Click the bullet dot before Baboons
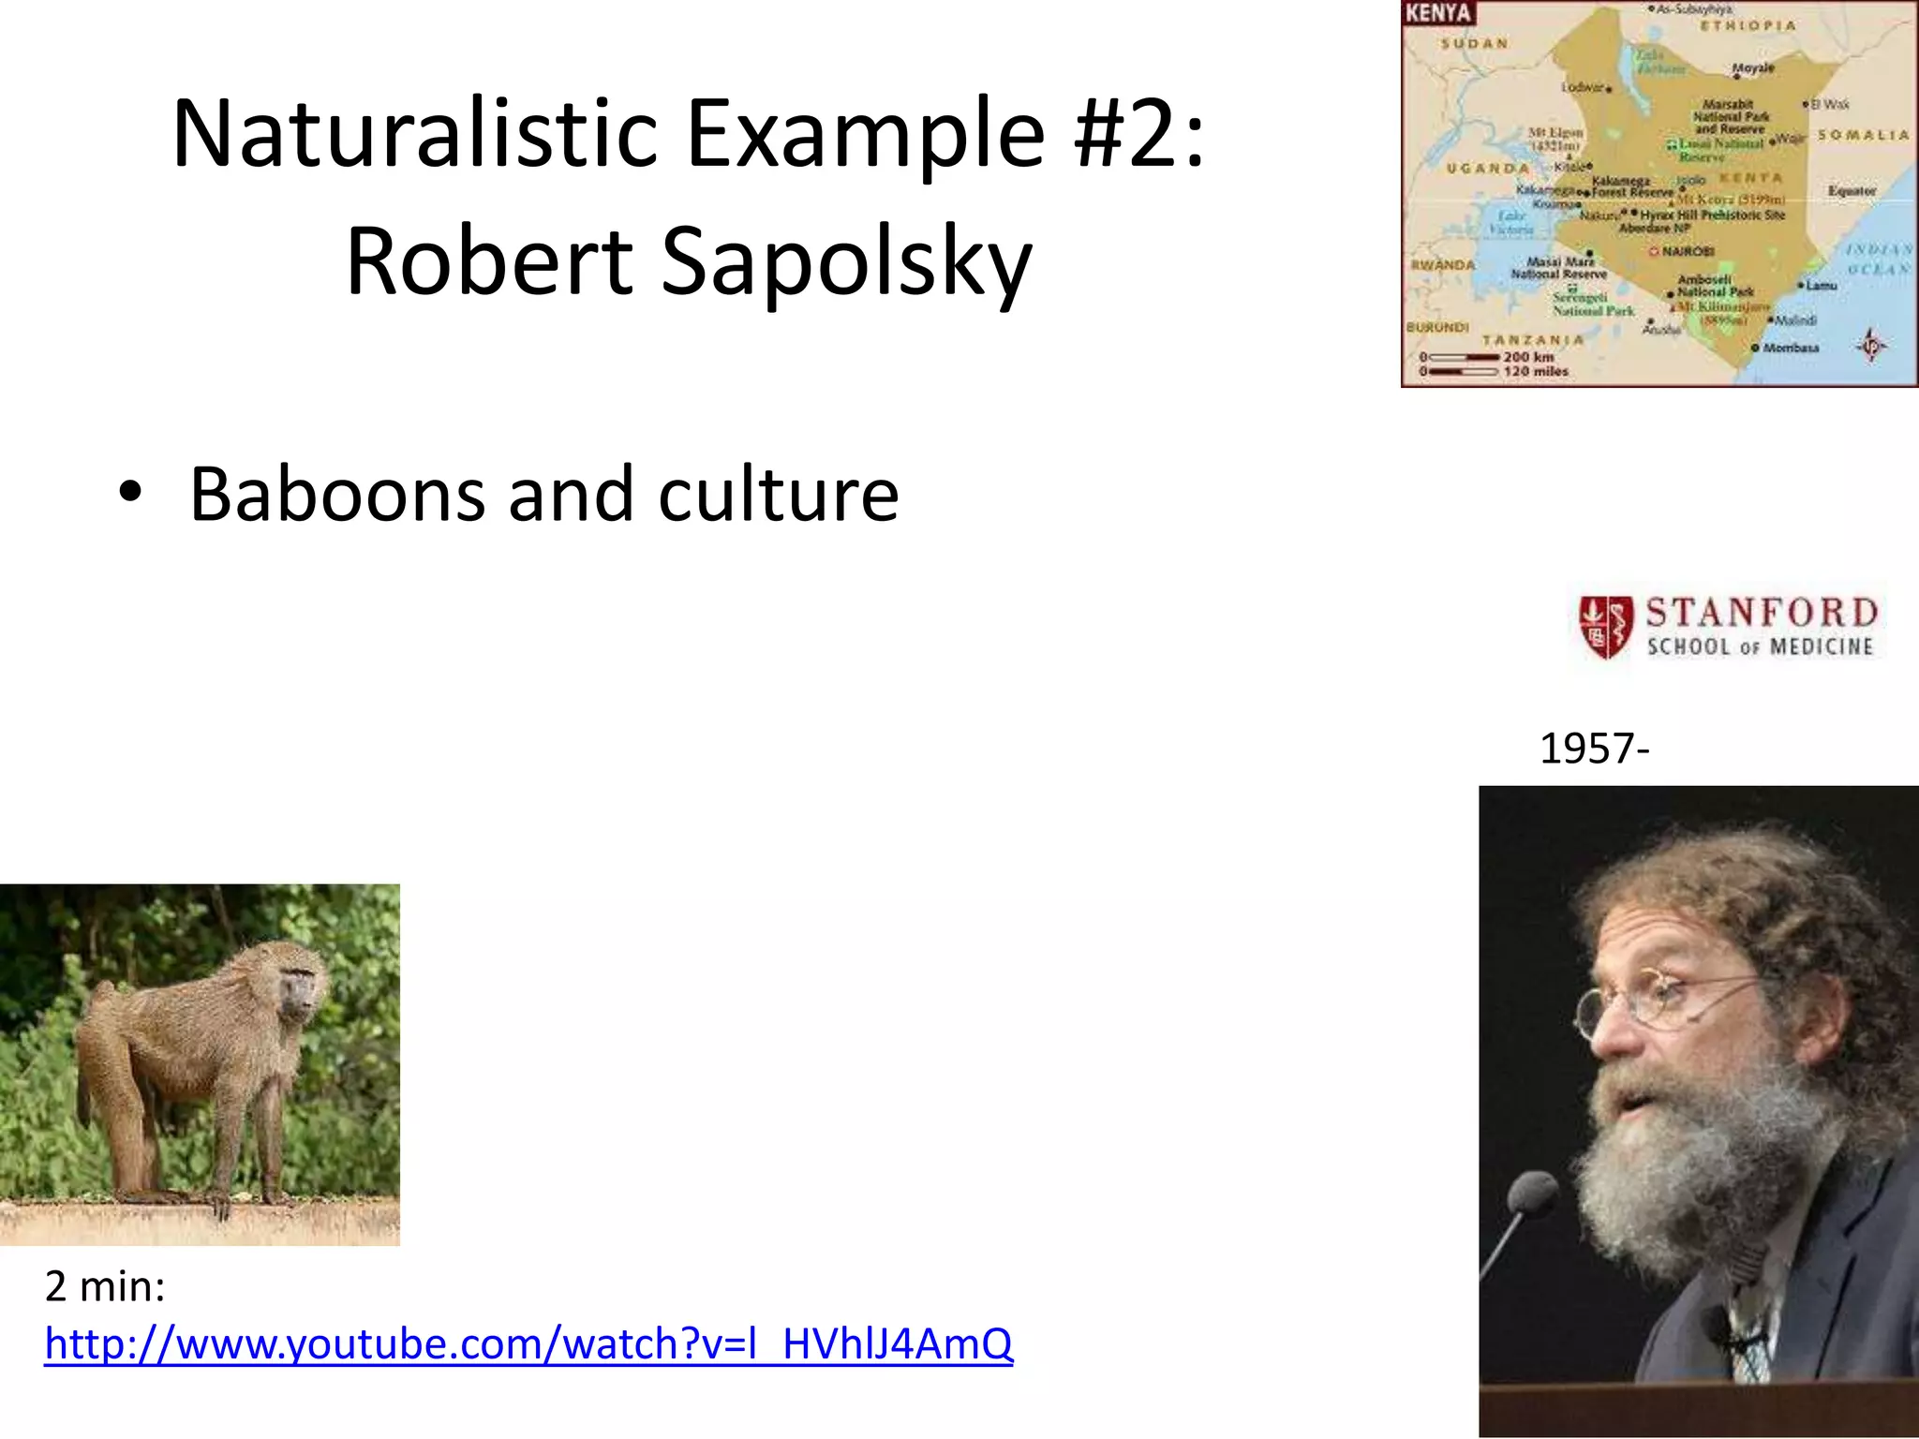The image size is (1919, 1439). [x=130, y=493]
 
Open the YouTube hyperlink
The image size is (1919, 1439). [x=528, y=1343]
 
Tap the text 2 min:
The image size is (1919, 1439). [x=105, y=1286]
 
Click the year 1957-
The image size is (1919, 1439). [x=1594, y=749]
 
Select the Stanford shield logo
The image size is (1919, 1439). [x=1605, y=626]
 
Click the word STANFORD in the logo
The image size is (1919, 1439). [x=1762, y=614]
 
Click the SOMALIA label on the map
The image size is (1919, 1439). [x=1863, y=136]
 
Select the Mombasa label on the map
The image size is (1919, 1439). [x=1791, y=348]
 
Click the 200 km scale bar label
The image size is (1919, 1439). [x=1528, y=357]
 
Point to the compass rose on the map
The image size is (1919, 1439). [x=1871, y=346]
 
